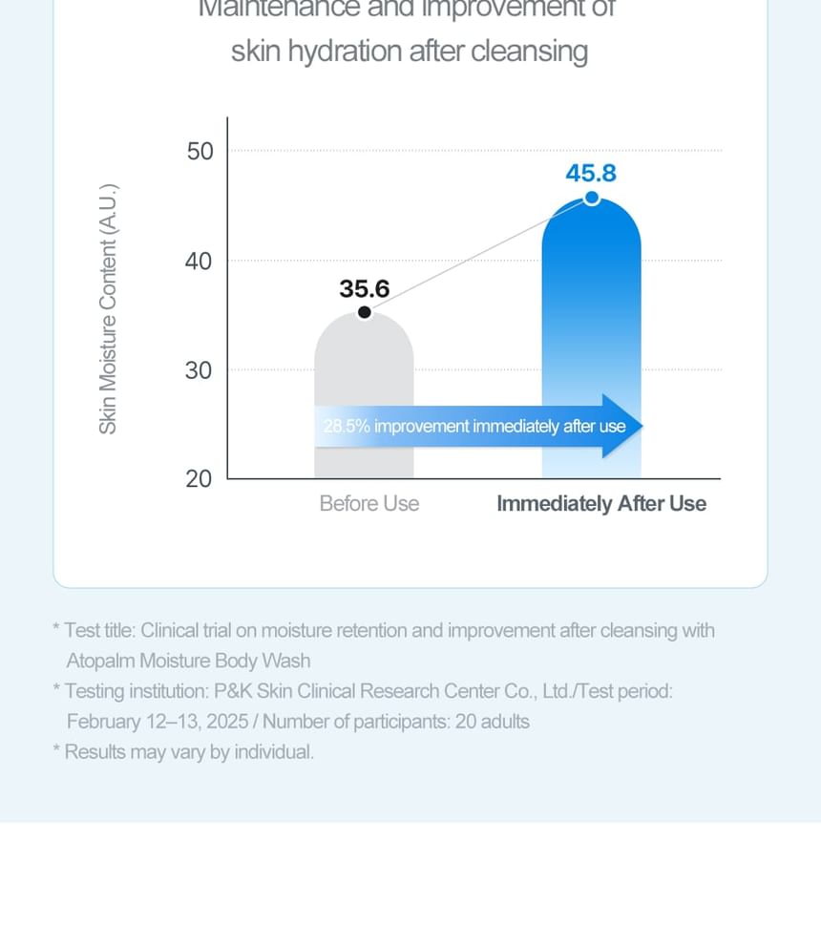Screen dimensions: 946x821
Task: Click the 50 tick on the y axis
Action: pyautogui.click(x=200, y=151)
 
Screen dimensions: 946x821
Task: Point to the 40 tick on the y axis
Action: pyautogui.click(x=200, y=261)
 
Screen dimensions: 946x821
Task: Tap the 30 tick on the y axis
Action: pyautogui.click(x=200, y=370)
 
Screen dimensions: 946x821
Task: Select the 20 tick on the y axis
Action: pyautogui.click(x=200, y=478)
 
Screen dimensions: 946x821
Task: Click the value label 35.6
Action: pyautogui.click(x=365, y=288)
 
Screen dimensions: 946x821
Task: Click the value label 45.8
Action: pyautogui.click(x=591, y=174)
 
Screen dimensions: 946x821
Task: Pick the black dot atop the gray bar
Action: pyautogui.click(x=365, y=312)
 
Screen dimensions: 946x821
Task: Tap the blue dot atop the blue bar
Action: pyautogui.click(x=592, y=198)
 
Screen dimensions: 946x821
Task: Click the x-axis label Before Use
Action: pyautogui.click(x=369, y=503)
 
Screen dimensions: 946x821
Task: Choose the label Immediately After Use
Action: pyautogui.click(x=601, y=503)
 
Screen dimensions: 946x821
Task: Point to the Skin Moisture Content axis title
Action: pyautogui.click(x=108, y=308)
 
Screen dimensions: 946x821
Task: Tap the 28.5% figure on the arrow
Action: pyautogui.click(x=347, y=426)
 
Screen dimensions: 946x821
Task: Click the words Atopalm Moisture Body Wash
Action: pyautogui.click(x=188, y=660)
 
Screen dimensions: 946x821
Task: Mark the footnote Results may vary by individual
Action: pyautogui.click(x=189, y=751)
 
